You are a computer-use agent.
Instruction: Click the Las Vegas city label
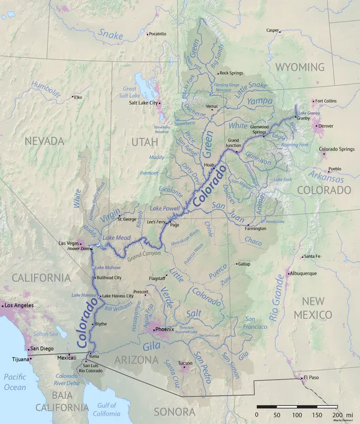pos(68,243)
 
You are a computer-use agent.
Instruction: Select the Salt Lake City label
pos(143,103)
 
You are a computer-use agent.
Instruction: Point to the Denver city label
pos(326,126)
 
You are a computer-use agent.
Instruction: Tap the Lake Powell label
pos(164,208)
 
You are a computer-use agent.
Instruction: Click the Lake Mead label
pos(116,238)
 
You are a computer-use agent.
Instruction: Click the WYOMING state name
pos(299,67)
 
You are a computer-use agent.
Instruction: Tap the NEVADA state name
pos(44,141)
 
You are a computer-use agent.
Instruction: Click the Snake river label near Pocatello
pos(110,35)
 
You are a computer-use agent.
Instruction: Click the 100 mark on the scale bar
pos(297,414)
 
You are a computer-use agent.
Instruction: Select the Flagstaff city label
pos(157,278)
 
